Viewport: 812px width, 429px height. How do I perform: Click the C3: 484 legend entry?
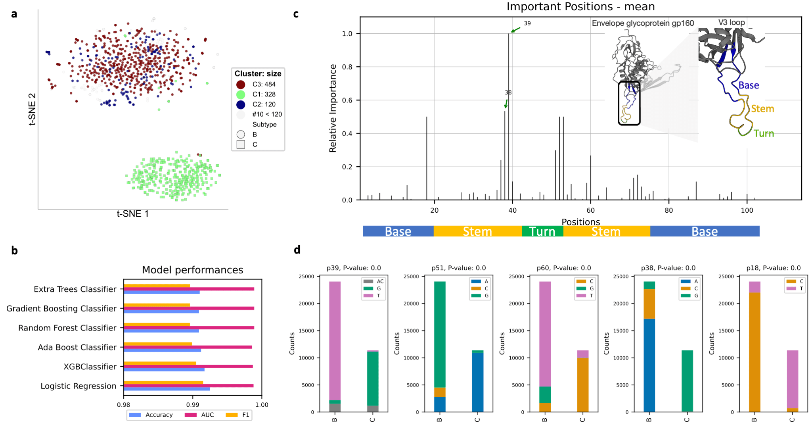(x=264, y=84)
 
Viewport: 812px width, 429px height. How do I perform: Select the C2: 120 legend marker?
(x=241, y=104)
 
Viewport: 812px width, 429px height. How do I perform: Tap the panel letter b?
(x=14, y=251)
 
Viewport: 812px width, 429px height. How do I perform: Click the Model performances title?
(x=192, y=270)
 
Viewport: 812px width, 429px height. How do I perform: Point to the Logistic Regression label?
(x=78, y=386)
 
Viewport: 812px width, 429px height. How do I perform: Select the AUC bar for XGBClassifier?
(x=188, y=366)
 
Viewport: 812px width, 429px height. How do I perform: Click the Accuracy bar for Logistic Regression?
(x=167, y=389)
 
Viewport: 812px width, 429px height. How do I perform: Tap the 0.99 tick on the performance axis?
(x=193, y=405)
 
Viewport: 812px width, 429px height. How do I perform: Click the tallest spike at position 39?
(x=509, y=119)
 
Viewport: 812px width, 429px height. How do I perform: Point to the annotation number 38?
(x=508, y=92)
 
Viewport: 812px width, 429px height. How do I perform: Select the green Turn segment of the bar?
(x=542, y=231)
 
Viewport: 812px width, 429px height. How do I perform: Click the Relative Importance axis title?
(x=333, y=108)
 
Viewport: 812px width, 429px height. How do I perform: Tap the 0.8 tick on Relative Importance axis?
(x=347, y=67)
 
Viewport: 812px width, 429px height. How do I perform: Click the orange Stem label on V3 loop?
(x=762, y=109)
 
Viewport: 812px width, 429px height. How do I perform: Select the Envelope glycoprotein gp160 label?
(x=643, y=23)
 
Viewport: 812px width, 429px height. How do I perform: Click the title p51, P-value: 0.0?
(x=458, y=268)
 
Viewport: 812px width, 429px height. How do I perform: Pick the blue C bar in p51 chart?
(x=478, y=382)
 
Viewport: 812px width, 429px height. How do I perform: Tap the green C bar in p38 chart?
(x=687, y=381)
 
